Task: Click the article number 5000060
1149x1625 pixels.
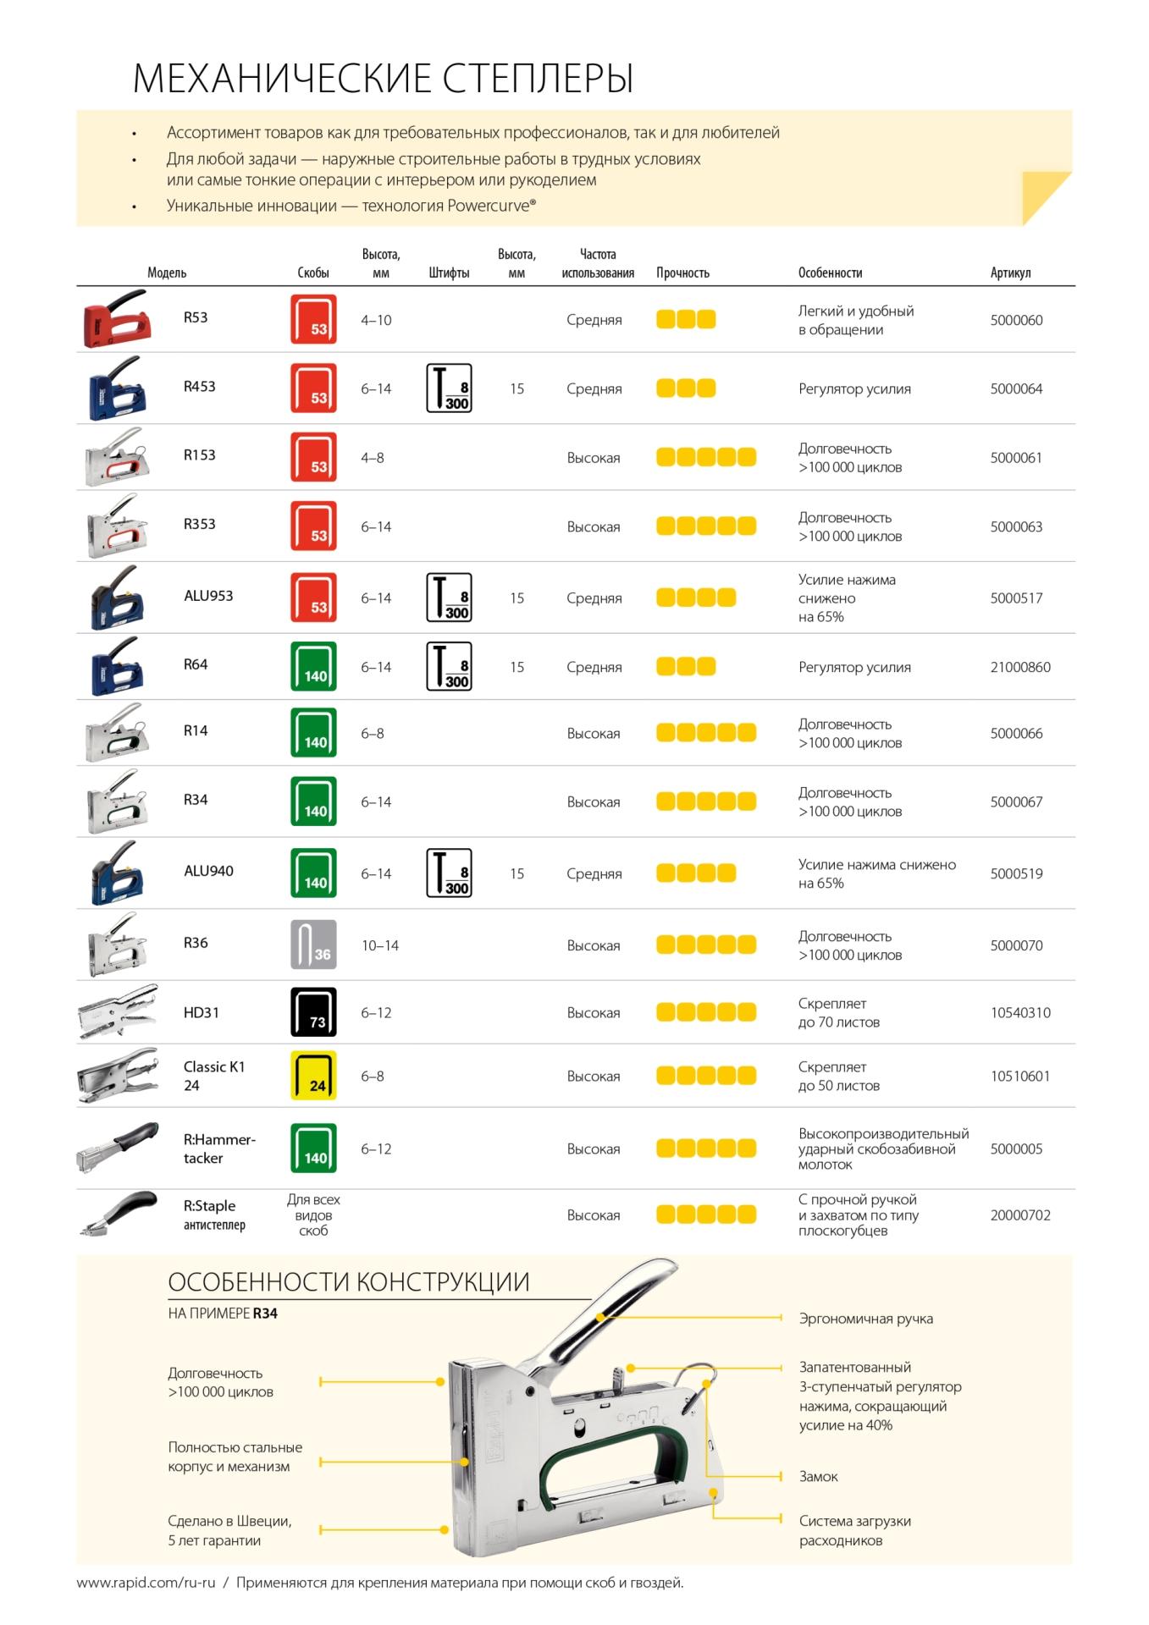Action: [x=1016, y=320]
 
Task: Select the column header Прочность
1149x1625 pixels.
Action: [x=682, y=273]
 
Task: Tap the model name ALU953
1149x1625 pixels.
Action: [x=208, y=596]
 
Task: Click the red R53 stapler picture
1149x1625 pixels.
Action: [x=117, y=319]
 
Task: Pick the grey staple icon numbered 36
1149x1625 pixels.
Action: [x=313, y=945]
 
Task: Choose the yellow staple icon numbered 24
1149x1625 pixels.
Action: [x=313, y=1076]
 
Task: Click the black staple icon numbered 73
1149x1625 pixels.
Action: [x=313, y=1012]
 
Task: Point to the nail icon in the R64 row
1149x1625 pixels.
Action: [x=449, y=667]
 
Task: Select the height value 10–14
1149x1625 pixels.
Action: [x=380, y=945]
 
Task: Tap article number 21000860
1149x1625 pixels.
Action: [x=1020, y=667]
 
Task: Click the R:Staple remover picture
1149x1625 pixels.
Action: [x=119, y=1215]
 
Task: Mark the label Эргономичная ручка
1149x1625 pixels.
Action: [x=865, y=1319]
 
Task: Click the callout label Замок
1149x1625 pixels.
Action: [x=818, y=1477]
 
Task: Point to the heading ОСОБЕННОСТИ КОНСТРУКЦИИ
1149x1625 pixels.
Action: [x=348, y=1282]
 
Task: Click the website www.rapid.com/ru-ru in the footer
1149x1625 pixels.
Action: [x=146, y=1583]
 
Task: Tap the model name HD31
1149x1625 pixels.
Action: [x=202, y=1012]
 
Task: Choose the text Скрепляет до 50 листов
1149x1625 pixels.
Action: [x=838, y=1077]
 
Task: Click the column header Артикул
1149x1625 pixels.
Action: [x=1010, y=273]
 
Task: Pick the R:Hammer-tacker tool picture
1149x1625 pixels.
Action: [x=118, y=1148]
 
